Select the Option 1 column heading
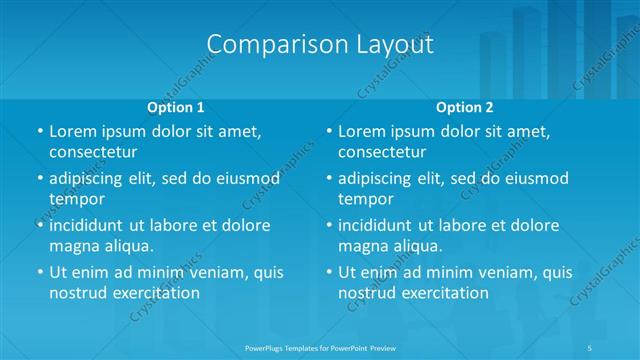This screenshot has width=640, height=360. click(x=176, y=107)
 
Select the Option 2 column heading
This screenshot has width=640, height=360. click(x=464, y=107)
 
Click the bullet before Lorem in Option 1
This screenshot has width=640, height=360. click(x=39, y=131)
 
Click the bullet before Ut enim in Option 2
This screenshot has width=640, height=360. click(x=328, y=272)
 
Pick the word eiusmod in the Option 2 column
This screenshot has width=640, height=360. click(x=536, y=178)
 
